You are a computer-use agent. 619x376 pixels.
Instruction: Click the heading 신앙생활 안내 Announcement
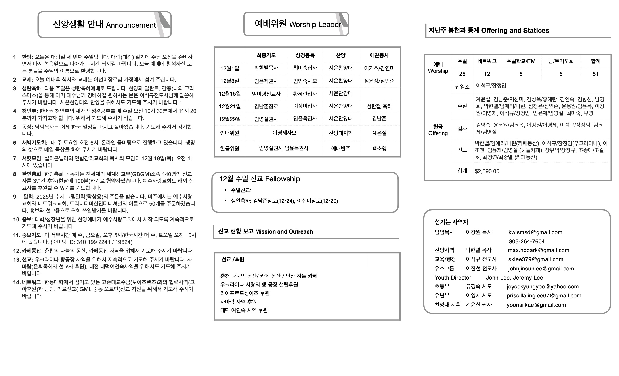[104, 25]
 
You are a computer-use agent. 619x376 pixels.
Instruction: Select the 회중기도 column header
[266, 55]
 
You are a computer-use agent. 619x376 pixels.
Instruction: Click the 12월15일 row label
[230, 94]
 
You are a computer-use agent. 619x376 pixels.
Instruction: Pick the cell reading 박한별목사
[266, 68]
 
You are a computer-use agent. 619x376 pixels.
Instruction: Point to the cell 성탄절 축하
[379, 106]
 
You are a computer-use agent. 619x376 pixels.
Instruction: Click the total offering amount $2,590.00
[487, 171]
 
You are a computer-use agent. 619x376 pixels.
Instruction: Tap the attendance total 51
[595, 74]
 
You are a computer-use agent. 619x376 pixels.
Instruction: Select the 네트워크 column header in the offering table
[487, 61]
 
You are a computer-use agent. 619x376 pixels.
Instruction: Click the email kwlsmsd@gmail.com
[535, 232]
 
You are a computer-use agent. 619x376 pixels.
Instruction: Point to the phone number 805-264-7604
[527, 242]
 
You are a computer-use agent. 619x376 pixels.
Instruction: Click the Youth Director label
[453, 278]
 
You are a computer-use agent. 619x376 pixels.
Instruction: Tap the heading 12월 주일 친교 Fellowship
[259, 179]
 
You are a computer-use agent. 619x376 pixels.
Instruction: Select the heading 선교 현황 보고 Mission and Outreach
[265, 232]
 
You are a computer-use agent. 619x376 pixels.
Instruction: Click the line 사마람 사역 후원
[238, 302]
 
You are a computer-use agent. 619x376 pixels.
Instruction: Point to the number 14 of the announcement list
[17, 282]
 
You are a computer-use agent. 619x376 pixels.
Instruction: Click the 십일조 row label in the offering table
[462, 87]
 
